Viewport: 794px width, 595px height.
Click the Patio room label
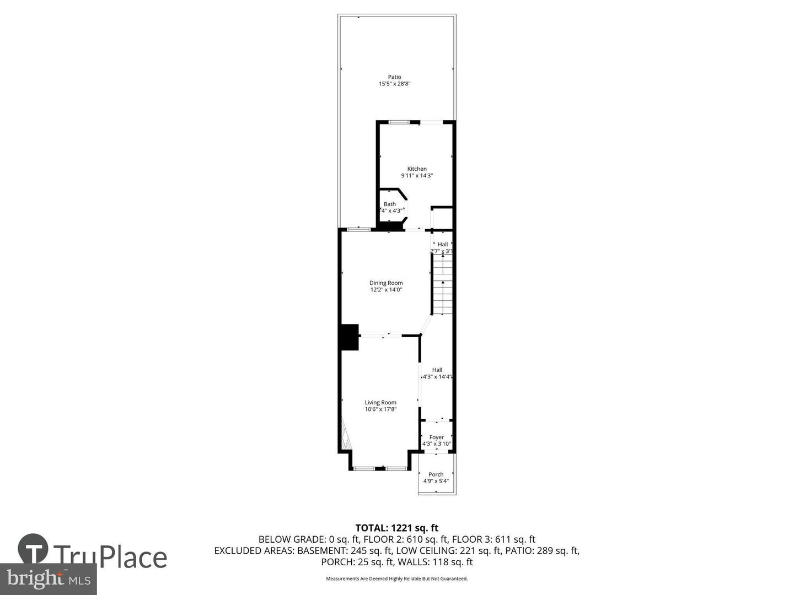[x=394, y=77]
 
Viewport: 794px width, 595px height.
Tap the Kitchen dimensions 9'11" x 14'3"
[x=417, y=176]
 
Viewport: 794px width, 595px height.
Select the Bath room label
[x=390, y=204]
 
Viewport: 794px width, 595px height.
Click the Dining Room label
[x=386, y=283]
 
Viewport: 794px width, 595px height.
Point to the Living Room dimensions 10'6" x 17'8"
[x=380, y=409]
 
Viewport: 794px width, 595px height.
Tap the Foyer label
[x=437, y=437]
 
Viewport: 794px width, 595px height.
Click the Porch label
[x=436, y=474]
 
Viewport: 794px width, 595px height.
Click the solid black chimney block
[x=349, y=337]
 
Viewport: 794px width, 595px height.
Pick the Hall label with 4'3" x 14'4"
[x=437, y=370]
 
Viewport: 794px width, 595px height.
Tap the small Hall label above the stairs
[x=443, y=245]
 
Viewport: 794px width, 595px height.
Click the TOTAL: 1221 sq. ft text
[x=397, y=528]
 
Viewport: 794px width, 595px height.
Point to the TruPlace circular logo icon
[x=33, y=549]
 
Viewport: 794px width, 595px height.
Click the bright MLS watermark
[x=49, y=579]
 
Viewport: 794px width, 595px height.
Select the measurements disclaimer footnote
[x=397, y=578]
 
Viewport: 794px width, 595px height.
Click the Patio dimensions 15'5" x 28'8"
[x=395, y=84]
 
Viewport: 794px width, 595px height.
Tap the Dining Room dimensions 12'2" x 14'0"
[x=386, y=290]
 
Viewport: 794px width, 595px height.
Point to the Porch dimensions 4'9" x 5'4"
[x=436, y=481]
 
